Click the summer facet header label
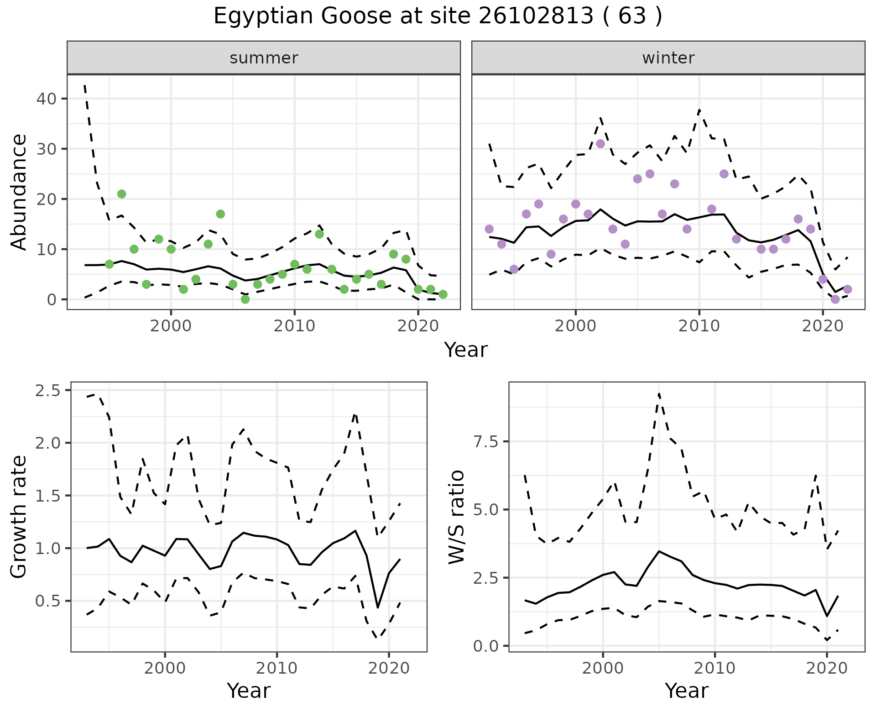264,58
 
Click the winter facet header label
668,58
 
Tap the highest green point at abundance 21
121,194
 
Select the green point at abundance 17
220,214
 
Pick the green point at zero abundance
245,299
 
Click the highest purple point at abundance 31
600,144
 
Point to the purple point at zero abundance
835,299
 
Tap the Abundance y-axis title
19,192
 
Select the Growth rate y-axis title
19,517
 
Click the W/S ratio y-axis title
457,517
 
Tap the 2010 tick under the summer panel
294,326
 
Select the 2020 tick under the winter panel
822,326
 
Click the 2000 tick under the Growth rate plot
165,669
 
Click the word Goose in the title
356,16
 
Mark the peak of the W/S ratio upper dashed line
659,393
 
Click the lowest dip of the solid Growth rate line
378,607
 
